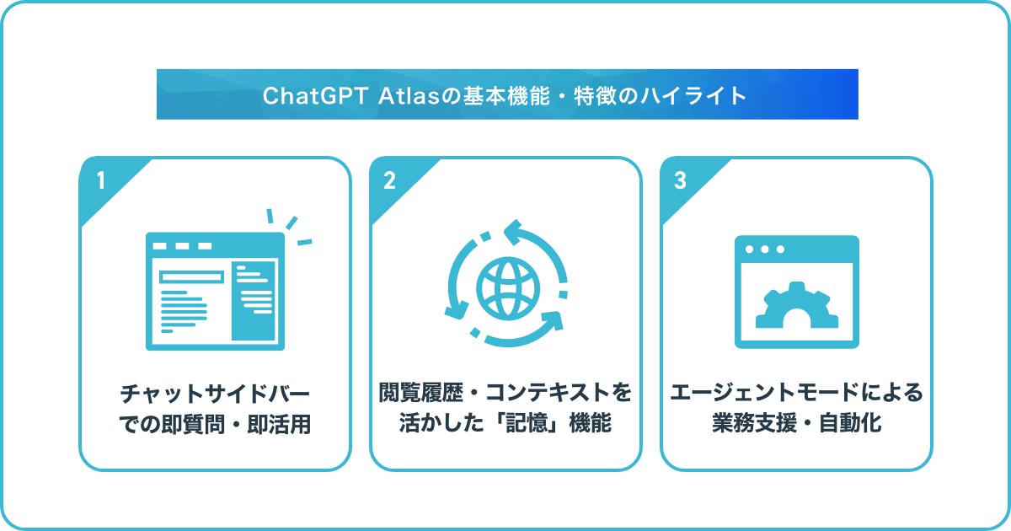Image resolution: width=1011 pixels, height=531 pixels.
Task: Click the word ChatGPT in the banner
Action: coord(314,96)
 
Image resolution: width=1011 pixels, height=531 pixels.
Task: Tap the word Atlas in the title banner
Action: coord(409,96)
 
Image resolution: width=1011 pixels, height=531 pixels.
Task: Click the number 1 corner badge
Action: coord(101,181)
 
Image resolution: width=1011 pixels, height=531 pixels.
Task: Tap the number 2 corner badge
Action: coord(389,180)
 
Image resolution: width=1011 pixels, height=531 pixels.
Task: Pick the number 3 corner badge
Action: coord(680,180)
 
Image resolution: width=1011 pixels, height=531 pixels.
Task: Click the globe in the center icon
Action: coord(508,288)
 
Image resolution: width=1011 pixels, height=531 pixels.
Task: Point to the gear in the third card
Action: coord(797,306)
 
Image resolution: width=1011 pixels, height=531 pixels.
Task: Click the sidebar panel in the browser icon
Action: coord(254,301)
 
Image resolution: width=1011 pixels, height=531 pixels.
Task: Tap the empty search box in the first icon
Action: coord(192,276)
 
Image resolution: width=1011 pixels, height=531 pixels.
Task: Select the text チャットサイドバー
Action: coord(215,394)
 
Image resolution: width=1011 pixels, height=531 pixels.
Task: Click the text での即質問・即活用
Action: coord(215,425)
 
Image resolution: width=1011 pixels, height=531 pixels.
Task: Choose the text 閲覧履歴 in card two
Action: coord(420,393)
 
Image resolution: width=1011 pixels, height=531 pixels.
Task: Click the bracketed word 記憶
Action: coord(527,423)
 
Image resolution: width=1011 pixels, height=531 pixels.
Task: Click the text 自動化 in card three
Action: coord(850,423)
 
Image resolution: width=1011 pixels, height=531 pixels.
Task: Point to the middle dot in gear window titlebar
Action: coord(765,249)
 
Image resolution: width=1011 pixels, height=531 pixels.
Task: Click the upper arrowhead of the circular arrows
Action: coord(513,232)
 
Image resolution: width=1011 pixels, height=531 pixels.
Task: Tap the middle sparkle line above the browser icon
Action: coord(292,223)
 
